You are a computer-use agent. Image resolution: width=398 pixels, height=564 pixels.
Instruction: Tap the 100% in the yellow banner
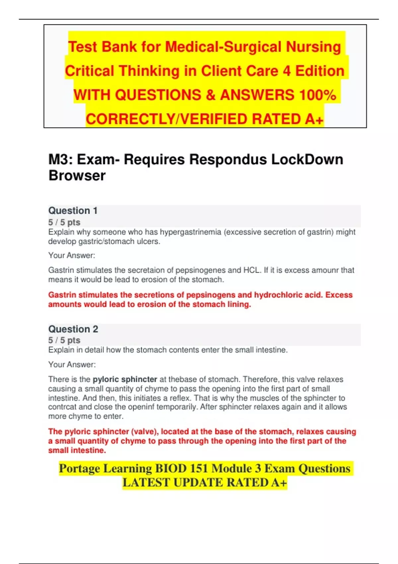[317, 95]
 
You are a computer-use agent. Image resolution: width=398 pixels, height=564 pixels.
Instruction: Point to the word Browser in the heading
[77, 176]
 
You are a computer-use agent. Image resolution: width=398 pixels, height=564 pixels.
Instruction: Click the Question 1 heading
[73, 211]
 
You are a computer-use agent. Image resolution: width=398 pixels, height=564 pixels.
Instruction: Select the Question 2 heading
[73, 329]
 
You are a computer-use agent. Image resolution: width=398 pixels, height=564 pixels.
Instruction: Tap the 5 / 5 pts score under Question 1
[64, 222]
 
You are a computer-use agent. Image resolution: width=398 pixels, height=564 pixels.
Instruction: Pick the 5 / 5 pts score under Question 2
[64, 340]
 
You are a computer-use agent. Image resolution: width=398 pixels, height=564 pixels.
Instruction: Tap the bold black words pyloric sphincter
[125, 379]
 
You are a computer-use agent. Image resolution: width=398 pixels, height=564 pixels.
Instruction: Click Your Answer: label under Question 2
[72, 365]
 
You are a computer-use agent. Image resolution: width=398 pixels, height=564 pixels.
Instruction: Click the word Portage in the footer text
[79, 468]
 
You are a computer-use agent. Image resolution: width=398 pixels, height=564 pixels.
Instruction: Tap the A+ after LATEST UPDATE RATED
[278, 483]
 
